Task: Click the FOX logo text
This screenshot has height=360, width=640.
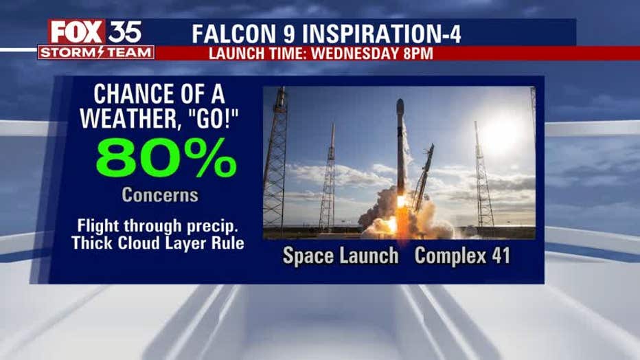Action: click(76, 32)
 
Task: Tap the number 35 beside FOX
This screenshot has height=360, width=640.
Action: click(125, 32)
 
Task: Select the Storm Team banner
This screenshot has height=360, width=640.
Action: click(96, 53)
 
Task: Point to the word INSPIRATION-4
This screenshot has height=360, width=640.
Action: click(382, 34)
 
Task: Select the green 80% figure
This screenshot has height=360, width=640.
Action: click(166, 158)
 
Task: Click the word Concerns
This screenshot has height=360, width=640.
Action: click(160, 195)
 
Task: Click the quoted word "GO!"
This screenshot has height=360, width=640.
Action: click(212, 118)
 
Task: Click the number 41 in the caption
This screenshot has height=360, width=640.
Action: click(500, 256)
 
